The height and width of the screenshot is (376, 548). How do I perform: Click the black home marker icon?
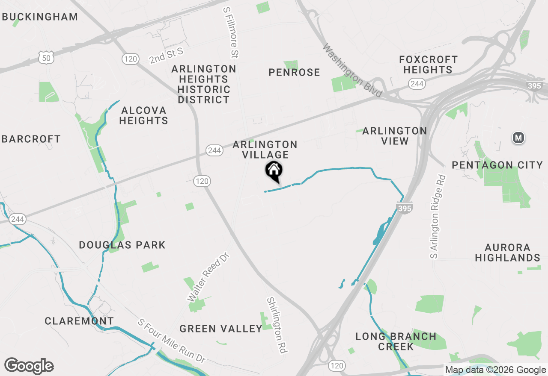tap(274, 171)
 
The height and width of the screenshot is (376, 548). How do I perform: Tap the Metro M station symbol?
tap(519, 138)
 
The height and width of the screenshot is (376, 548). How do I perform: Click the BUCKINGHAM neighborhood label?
tap(40, 17)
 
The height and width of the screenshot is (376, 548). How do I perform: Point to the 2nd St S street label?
tap(166, 56)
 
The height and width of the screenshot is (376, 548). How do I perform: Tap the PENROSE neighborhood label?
tap(294, 73)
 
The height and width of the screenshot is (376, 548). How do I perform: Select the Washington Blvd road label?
tap(352, 70)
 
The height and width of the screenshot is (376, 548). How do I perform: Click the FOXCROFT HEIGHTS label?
tap(428, 65)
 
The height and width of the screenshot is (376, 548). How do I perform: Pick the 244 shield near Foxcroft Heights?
tap(417, 84)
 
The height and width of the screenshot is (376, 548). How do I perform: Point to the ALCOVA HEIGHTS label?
tap(143, 116)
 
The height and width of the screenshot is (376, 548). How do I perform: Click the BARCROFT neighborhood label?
tap(31, 139)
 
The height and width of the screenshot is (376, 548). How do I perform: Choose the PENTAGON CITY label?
tap(497, 165)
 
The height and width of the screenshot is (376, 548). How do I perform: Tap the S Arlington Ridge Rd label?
tap(438, 217)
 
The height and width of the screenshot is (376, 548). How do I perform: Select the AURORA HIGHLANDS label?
tap(507, 253)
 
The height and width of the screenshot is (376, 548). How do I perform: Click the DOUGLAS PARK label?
tap(122, 245)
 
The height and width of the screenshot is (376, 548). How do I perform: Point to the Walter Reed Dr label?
tap(208, 277)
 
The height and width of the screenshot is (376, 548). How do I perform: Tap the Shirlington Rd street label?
tap(277, 325)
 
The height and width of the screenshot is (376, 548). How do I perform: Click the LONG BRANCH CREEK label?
tap(396, 341)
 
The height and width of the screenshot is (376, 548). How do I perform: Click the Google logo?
tap(29, 366)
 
